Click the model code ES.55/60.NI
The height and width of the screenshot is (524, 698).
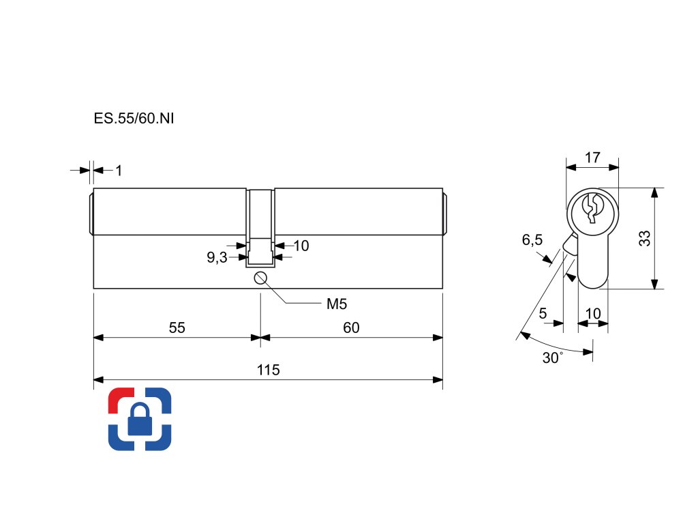coord(134,118)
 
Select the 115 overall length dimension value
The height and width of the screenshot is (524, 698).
coord(269,370)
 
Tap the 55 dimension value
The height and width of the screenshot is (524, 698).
coord(177,328)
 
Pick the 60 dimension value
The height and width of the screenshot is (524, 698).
coord(351,328)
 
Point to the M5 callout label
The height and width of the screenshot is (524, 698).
coord(337,304)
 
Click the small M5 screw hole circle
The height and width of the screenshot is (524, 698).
coord(260,277)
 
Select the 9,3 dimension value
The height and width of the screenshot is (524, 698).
coord(217,258)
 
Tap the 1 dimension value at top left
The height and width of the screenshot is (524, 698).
coord(119,171)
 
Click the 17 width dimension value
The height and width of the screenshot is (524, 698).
coord(592,158)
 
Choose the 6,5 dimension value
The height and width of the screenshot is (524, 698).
coord(532,240)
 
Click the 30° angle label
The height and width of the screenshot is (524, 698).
coord(552,358)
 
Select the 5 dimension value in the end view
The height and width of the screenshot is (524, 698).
coord(543,314)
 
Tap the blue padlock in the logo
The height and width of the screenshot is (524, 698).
coord(140,420)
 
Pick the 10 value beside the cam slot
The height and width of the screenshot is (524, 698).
coord(301,246)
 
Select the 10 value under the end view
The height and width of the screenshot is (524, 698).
coord(593,314)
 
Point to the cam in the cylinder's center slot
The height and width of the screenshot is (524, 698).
coord(260,251)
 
